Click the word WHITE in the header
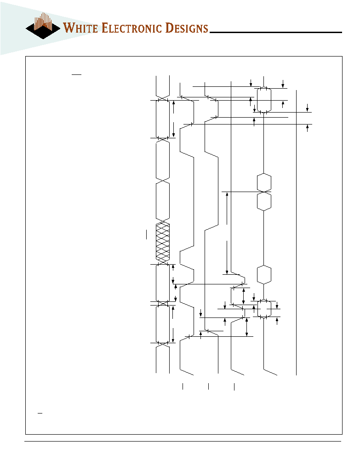click(x=80, y=28)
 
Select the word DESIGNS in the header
click(x=187, y=28)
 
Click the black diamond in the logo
click(x=43, y=30)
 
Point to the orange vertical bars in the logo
click(x=43, y=21)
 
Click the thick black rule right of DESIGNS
click(x=276, y=32)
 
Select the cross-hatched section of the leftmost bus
click(x=163, y=242)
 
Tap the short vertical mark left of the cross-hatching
click(x=147, y=235)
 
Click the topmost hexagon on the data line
click(x=264, y=100)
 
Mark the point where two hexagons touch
click(x=264, y=192)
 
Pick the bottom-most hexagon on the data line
click(x=264, y=309)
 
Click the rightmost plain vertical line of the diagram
click(x=297, y=232)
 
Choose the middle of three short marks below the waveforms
click(x=209, y=386)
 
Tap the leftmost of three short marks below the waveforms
click(x=183, y=386)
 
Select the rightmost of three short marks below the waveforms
click(x=234, y=386)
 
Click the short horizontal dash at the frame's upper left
click(x=76, y=74)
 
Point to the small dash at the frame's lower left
click(x=40, y=414)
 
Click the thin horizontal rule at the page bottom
click(x=183, y=441)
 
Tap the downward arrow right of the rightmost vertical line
click(x=307, y=108)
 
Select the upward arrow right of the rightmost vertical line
click(x=307, y=128)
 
